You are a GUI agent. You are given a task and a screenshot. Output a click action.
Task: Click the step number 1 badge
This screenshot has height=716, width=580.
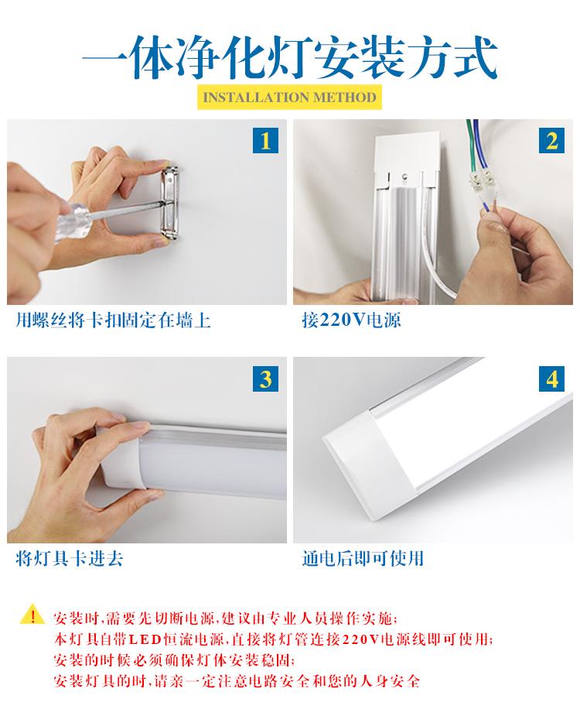[x=265, y=140]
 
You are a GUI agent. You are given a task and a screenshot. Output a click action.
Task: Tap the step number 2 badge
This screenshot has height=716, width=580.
[x=551, y=140]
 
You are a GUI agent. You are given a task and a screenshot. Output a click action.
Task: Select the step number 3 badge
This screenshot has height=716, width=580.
[x=265, y=379]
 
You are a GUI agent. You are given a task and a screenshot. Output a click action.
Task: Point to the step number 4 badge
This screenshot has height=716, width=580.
[x=551, y=379]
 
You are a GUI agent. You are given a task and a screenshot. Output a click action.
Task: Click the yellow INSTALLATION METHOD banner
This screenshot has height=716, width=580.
[x=289, y=98]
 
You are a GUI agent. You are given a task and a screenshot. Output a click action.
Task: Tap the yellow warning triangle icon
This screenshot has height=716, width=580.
[x=32, y=615]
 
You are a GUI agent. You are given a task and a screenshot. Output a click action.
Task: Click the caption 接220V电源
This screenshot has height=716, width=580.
[x=351, y=320]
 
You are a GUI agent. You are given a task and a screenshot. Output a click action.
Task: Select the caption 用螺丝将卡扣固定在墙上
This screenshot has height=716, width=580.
[x=113, y=320]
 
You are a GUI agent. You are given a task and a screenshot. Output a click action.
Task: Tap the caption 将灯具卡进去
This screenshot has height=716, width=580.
[x=70, y=558]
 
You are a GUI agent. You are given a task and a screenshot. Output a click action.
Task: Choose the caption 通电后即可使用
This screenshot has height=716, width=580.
[x=363, y=558]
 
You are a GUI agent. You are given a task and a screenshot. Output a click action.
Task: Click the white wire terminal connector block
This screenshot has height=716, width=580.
[x=483, y=181]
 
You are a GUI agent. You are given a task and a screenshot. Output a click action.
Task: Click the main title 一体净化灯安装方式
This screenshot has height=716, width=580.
[x=290, y=58]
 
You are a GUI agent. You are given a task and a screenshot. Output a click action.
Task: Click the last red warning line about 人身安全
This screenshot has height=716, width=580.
[x=237, y=681]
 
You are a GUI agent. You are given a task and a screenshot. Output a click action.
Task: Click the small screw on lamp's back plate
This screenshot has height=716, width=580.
[x=404, y=175]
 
